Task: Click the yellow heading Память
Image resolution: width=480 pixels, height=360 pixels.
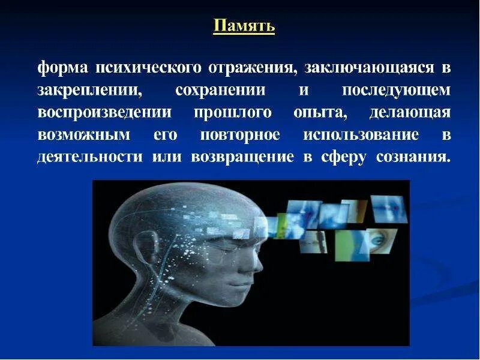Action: point(244,26)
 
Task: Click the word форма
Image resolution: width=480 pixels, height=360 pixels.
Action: point(63,68)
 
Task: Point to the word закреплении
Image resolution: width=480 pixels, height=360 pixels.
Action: point(90,91)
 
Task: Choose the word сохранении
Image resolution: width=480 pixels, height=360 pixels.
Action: point(220,91)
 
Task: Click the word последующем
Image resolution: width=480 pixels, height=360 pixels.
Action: point(396,91)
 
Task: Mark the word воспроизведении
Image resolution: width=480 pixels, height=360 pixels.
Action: point(104,113)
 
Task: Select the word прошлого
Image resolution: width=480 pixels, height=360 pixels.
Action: point(233,113)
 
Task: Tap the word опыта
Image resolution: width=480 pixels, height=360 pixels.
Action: point(320,113)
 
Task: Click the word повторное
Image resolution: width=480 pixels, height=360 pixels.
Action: point(240,136)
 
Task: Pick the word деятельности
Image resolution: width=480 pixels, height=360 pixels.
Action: point(90,157)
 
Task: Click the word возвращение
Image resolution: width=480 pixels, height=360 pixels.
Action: point(242,158)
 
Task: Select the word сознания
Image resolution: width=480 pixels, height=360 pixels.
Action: point(413,157)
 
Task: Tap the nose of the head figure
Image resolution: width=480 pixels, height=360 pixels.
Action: point(257,263)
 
